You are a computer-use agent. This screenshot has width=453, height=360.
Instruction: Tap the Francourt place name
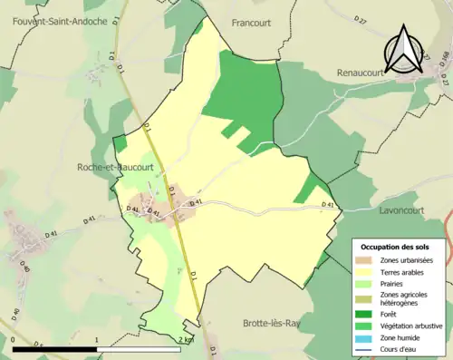tap(253, 22)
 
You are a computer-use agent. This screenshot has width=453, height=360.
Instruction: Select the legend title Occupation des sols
tap(396, 246)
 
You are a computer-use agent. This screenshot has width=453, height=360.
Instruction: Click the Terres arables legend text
tap(404, 271)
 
